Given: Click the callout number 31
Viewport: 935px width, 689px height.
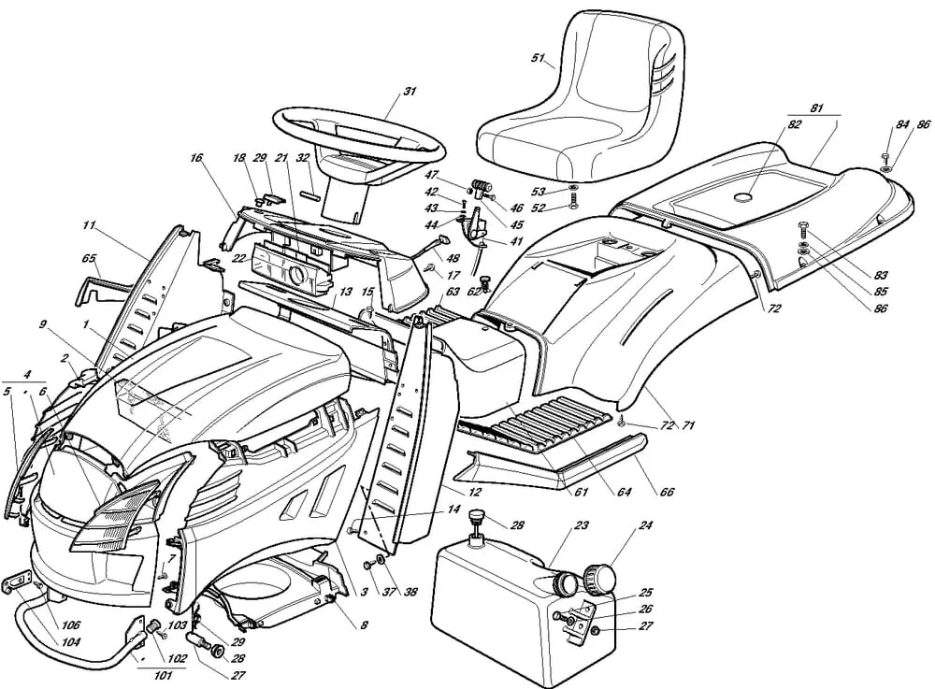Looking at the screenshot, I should tap(410, 91).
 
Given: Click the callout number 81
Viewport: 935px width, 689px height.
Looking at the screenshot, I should tap(816, 108).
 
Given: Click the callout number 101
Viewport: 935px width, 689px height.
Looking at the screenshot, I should tap(161, 674).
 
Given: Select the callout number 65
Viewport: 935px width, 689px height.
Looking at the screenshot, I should tap(90, 258).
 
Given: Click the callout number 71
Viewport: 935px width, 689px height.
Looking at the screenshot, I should tap(688, 426).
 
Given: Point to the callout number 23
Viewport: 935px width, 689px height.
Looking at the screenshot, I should tap(581, 525).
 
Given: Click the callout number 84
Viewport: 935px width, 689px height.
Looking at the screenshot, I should tap(901, 124).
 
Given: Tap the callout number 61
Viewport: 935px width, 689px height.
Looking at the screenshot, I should tap(582, 492).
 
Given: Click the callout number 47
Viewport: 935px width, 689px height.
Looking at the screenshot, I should tap(431, 175).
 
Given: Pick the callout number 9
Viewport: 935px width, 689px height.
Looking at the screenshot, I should tap(43, 324).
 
